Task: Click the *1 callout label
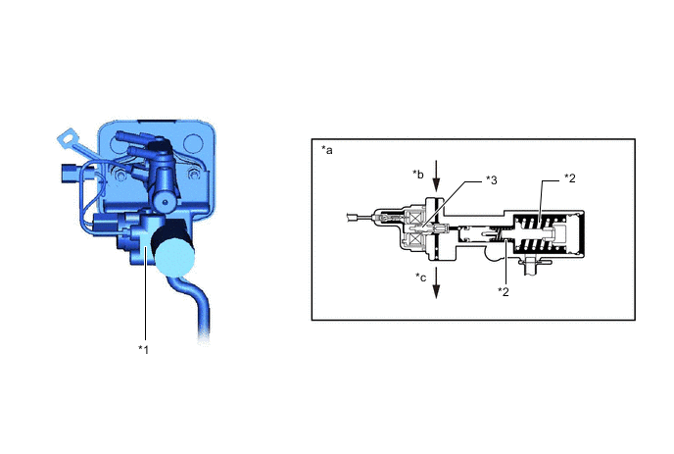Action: [x=143, y=349]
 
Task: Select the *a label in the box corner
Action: [x=327, y=150]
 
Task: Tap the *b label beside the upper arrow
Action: [x=418, y=175]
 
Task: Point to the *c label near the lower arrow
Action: [x=421, y=277]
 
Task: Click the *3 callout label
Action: [x=492, y=180]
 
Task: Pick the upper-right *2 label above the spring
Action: [x=569, y=178]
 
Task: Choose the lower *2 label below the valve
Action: [x=504, y=292]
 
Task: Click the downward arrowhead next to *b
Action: [x=436, y=185]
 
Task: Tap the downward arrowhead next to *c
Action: [x=436, y=292]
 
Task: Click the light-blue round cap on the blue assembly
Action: [x=174, y=257]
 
